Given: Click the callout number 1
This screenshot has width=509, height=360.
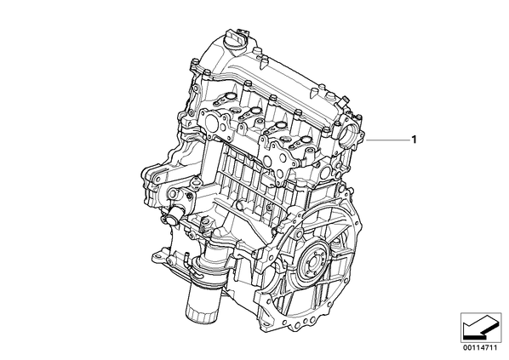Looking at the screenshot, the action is pos(413,140).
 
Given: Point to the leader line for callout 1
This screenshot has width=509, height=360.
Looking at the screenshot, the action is pos(387,140).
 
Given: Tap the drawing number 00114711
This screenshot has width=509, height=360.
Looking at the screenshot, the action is pos(481,348).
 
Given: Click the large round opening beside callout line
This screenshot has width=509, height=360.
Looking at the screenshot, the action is pos(346,134).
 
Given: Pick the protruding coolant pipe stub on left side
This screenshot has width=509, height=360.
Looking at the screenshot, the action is pos(173,216).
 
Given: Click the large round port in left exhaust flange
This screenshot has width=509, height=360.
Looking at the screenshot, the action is pos(214,123).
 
